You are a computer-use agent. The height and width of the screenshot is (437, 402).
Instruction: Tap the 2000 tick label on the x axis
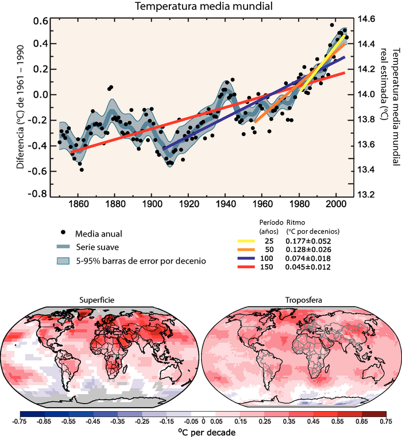(336, 204)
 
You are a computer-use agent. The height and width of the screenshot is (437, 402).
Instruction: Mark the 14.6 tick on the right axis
(368, 18)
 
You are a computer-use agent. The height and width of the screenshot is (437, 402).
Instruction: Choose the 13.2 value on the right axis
(368, 194)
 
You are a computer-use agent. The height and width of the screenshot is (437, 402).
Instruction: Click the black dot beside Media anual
(63, 233)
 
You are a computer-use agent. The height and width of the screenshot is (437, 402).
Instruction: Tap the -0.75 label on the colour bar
(20, 420)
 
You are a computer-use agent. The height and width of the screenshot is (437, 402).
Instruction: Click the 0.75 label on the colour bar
(381, 420)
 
